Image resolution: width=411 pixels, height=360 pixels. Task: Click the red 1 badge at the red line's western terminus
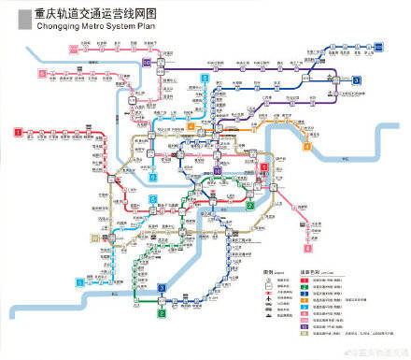point(18,132)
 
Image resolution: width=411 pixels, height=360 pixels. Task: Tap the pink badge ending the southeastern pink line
point(307,250)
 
